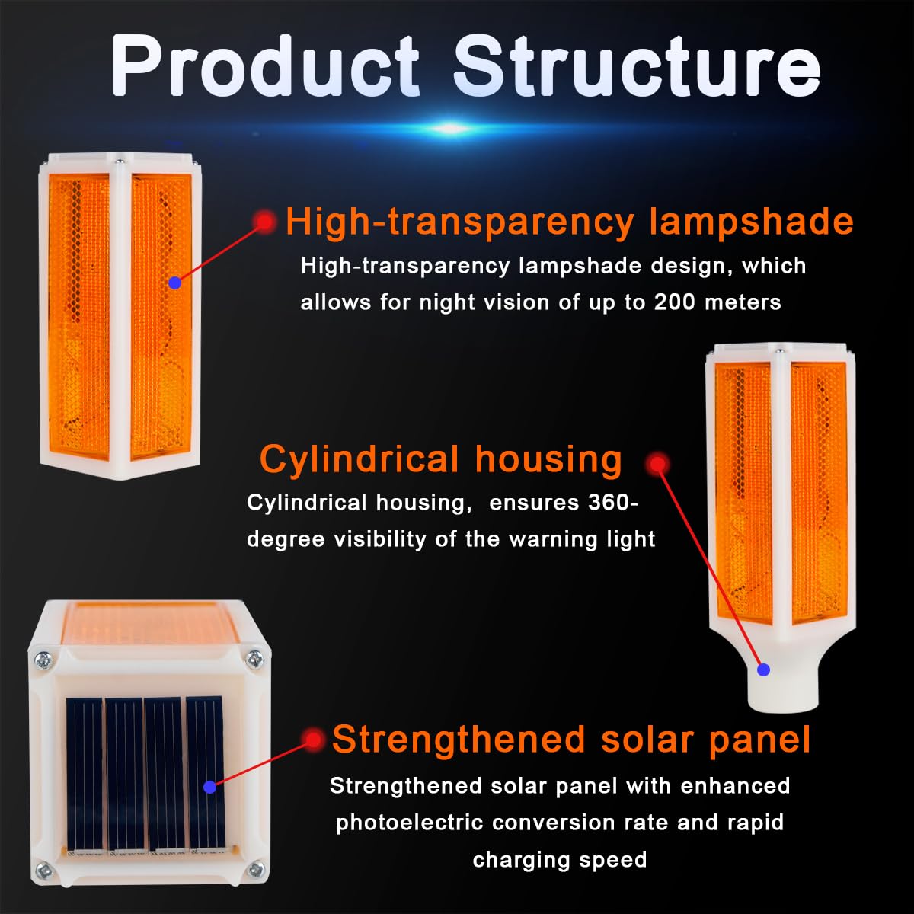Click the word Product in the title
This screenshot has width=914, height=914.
(x=266, y=66)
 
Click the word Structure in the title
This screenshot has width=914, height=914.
(x=637, y=66)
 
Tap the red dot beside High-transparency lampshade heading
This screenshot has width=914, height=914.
(x=264, y=222)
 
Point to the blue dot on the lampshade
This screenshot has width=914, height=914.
(x=174, y=283)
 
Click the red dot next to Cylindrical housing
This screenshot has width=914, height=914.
(x=657, y=463)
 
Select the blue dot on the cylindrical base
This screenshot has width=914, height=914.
(x=763, y=670)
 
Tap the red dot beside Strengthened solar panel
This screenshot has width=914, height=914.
(x=313, y=740)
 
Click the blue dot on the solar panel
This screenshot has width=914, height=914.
(x=209, y=787)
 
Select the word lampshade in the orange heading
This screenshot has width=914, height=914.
(x=751, y=222)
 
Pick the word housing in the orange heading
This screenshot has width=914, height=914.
(x=548, y=459)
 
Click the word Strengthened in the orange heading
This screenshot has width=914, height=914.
(x=459, y=740)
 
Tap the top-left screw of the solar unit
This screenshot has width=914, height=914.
(x=43, y=660)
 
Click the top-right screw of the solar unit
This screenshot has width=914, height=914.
(x=255, y=658)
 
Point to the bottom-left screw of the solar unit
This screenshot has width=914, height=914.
(x=43, y=870)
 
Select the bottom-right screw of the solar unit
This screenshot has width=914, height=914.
(x=256, y=869)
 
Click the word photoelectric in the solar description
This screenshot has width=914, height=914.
(x=409, y=823)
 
